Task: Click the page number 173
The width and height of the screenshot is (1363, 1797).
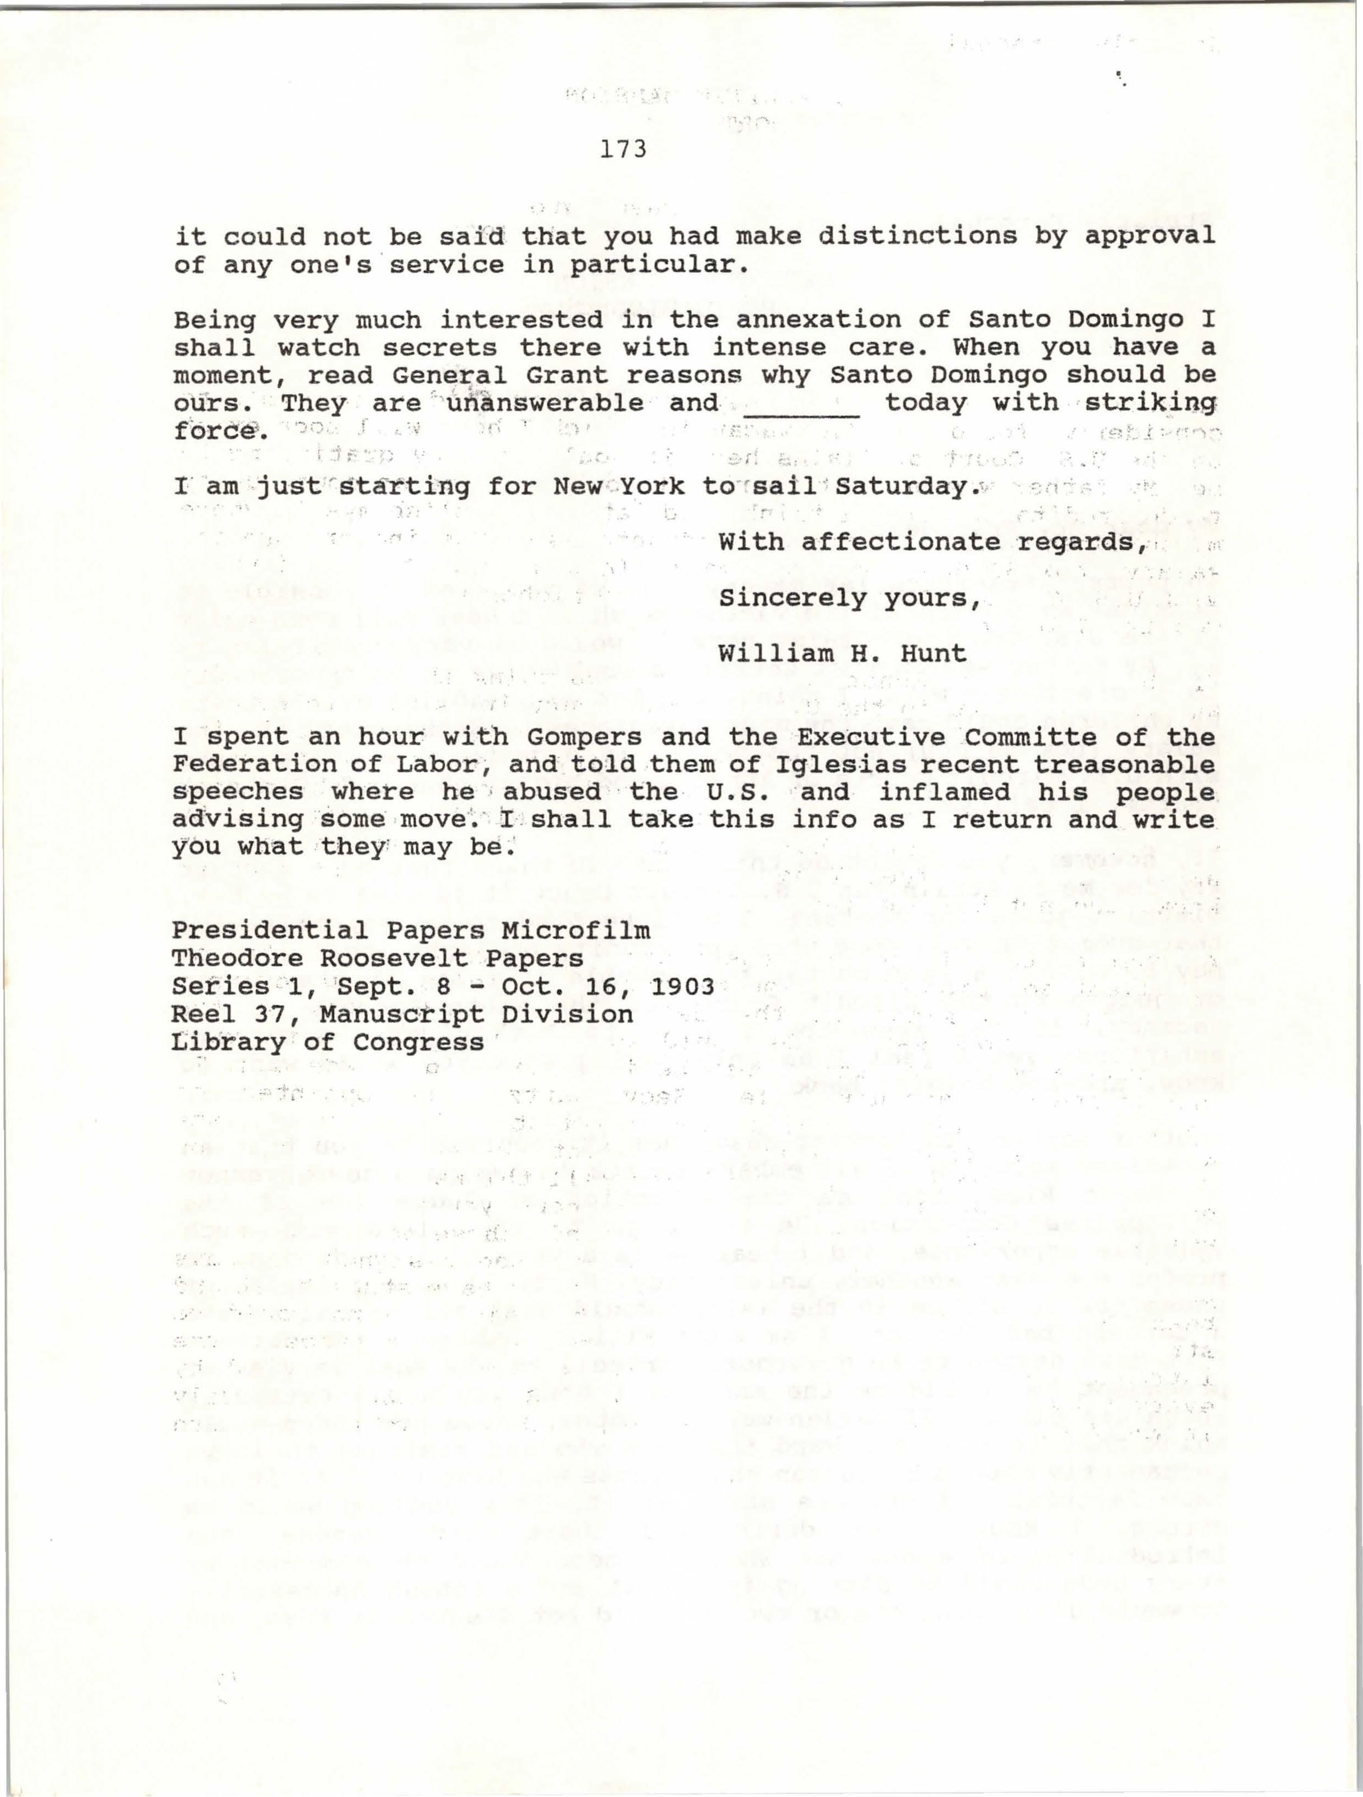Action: (x=623, y=149)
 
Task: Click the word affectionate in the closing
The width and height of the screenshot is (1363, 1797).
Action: (x=900, y=542)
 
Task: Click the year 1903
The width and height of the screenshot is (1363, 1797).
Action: (x=682, y=986)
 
